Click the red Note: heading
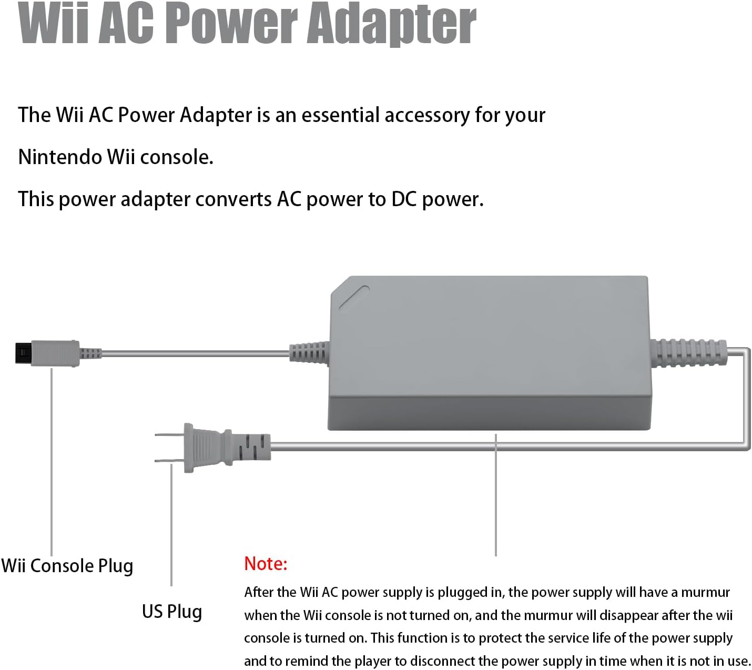266,564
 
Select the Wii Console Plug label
67,566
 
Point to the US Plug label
172,612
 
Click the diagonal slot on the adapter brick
353,298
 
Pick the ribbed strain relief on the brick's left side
309,354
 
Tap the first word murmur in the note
705,593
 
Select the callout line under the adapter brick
496,494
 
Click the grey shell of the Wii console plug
55,353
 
